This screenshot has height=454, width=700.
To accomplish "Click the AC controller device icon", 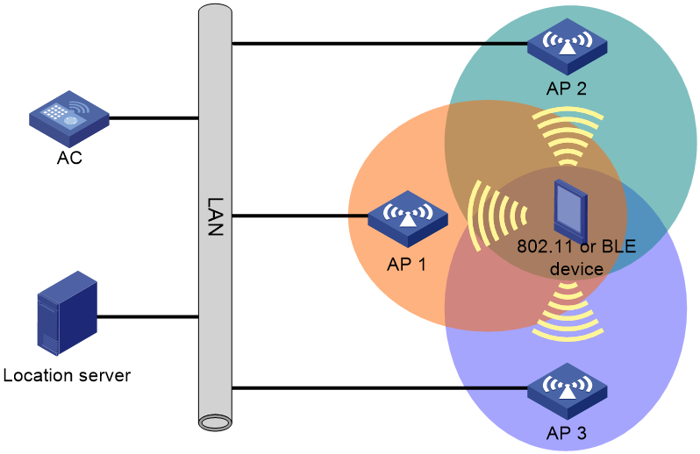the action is point(69,118).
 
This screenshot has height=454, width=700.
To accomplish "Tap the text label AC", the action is point(69,158).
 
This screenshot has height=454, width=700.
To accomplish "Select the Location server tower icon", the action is point(68,313).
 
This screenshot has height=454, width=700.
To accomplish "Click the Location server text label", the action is point(67,375).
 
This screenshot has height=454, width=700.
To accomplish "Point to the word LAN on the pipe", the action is point(215,216).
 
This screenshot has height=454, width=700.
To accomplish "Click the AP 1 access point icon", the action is point(408,218).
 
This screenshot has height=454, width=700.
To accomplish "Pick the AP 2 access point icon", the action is point(567,46).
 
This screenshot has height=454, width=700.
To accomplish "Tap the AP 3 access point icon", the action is point(567,391).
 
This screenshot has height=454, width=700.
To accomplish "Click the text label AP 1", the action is point(406,265).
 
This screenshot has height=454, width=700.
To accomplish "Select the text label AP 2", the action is point(567,89).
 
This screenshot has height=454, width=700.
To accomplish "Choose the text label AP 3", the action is point(567,433).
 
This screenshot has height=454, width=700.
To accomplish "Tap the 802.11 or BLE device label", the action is point(576,258).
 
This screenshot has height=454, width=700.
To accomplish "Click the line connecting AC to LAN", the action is point(154,118).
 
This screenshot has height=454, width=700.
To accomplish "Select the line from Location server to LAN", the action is point(147,317).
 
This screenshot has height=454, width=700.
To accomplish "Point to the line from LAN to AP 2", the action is point(380,44).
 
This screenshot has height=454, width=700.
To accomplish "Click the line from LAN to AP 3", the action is point(380,388).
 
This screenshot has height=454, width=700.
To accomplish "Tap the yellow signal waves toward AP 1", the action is point(496,216).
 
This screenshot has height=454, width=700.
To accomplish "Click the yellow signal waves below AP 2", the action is point(568,136).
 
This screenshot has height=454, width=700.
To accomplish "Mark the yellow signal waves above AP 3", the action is point(568,311).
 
